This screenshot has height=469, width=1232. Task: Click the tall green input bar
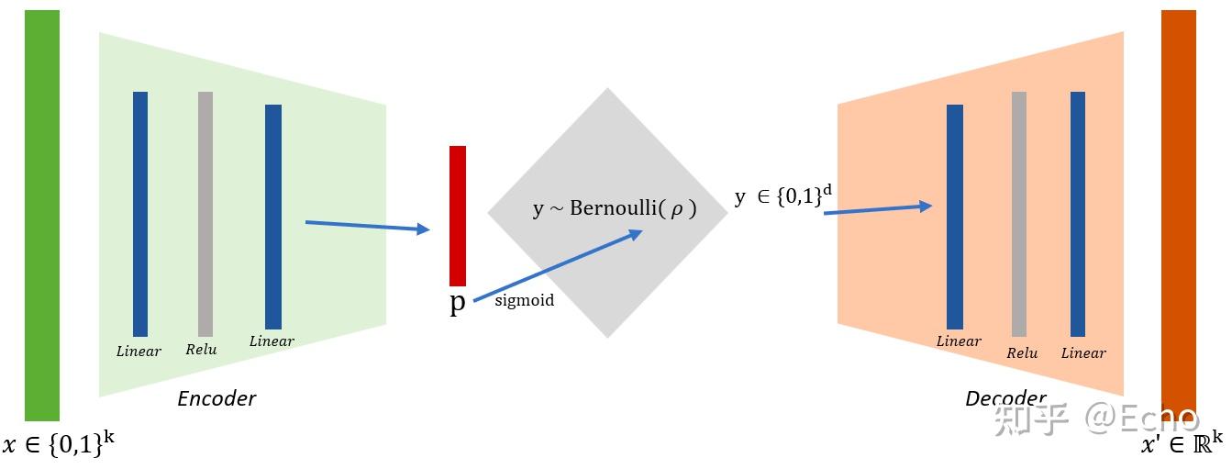click(x=42, y=216)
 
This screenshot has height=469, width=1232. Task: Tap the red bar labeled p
click(x=458, y=216)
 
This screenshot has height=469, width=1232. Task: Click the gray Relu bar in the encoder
click(x=205, y=214)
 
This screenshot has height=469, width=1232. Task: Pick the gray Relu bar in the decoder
click(x=1019, y=214)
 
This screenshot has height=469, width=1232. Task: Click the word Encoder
click(x=216, y=398)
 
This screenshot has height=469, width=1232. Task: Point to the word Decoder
click(x=1005, y=398)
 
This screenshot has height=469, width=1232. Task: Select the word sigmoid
click(x=524, y=300)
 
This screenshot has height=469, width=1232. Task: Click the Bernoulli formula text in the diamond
click(x=615, y=208)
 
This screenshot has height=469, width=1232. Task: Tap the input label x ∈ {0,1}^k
click(x=59, y=445)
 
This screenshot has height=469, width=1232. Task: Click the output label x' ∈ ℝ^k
click(x=1182, y=444)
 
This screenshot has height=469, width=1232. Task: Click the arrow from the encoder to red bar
click(x=367, y=226)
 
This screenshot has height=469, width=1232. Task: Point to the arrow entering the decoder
click(x=877, y=209)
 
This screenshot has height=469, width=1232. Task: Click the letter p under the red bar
click(x=457, y=304)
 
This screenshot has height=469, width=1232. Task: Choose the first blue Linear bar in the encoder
click(x=140, y=214)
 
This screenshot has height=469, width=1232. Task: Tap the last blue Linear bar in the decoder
click(x=1078, y=214)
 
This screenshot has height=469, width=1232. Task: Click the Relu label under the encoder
click(x=201, y=350)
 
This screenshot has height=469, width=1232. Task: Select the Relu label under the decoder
click(x=1021, y=353)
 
